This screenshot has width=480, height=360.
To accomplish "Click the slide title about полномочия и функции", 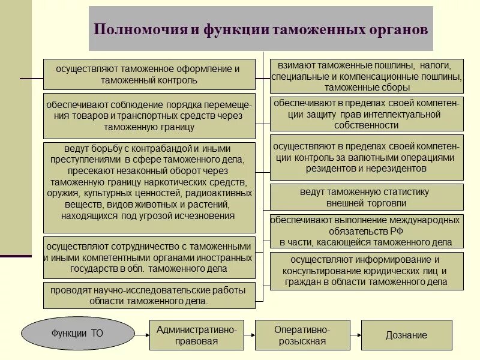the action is (261, 29).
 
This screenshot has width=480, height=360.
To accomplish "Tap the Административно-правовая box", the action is (197, 335).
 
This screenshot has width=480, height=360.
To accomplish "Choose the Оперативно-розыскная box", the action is (302, 335).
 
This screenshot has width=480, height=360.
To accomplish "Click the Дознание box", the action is (406, 335).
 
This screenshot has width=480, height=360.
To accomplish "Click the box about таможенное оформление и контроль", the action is (149, 74).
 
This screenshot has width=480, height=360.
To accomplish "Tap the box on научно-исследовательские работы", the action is (149, 296).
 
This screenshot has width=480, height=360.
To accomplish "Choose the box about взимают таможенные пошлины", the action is (367, 76).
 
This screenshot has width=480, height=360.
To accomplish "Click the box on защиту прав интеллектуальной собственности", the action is (367, 114).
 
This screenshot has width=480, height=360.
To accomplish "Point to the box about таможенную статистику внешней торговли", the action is (367, 197).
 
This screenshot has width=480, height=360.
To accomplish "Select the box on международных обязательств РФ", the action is (367, 231).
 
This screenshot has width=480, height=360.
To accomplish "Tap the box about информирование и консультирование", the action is (367, 271).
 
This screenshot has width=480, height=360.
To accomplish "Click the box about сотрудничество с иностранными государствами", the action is (149, 257).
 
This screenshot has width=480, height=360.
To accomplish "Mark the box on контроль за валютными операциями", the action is (367, 157).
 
